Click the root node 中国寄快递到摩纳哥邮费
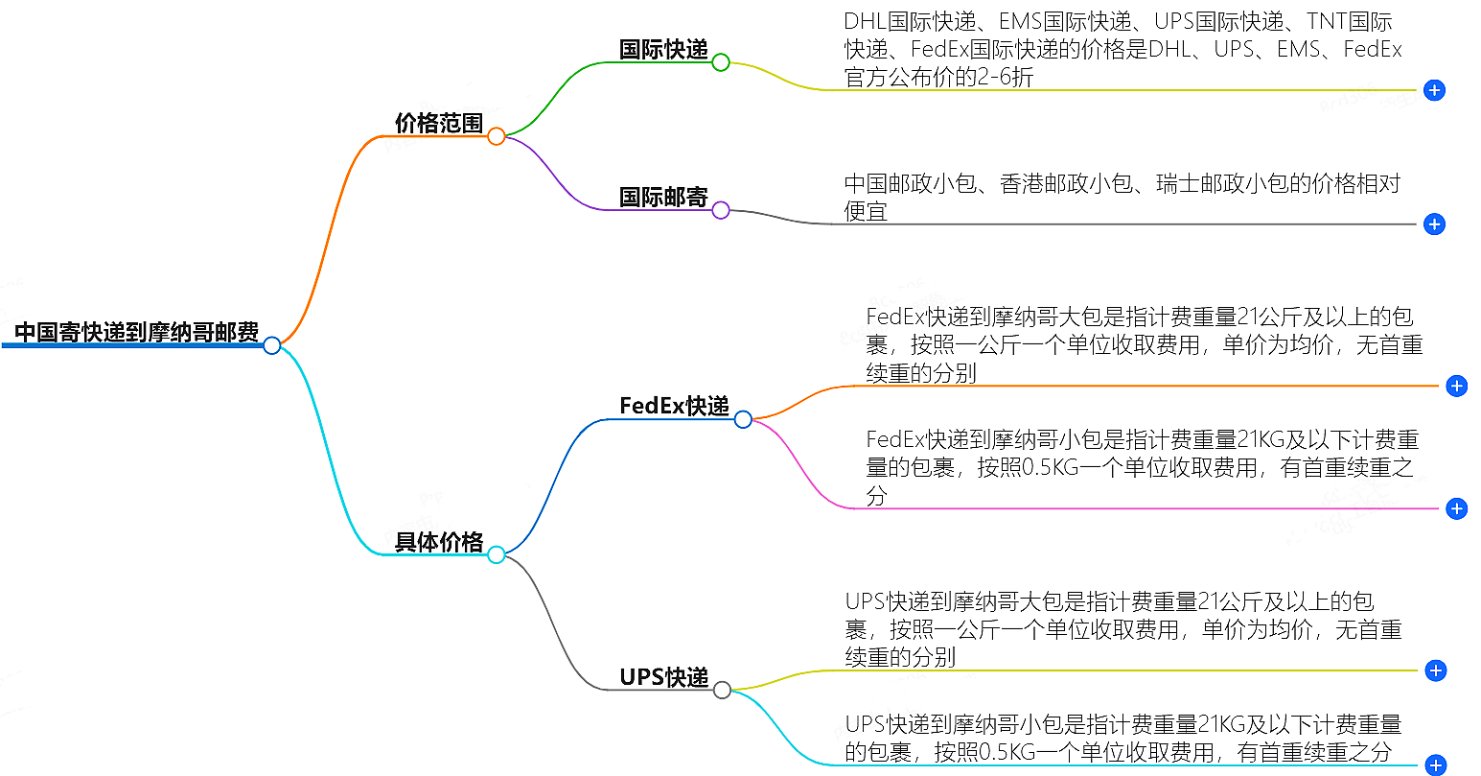click(x=136, y=333)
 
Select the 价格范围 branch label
click(x=439, y=123)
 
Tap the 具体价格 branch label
click(x=439, y=542)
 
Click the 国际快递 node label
click(x=663, y=50)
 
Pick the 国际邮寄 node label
click(x=663, y=198)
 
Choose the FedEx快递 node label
click(x=674, y=406)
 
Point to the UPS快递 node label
click(x=663, y=677)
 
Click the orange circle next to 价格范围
click(x=496, y=136)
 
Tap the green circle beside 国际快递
click(x=721, y=62)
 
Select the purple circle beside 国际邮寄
click(x=721, y=210)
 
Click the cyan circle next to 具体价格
click(x=496, y=554)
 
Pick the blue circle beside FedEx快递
click(x=743, y=419)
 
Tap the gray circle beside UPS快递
click(x=722, y=690)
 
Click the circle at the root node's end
click(x=272, y=345)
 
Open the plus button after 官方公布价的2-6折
click(x=1434, y=90)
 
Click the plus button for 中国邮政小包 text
click(x=1434, y=224)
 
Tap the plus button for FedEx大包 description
click(x=1456, y=386)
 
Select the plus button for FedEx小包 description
click(x=1456, y=508)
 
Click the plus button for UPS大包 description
click(x=1435, y=670)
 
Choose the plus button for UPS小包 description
click(x=1435, y=764)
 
